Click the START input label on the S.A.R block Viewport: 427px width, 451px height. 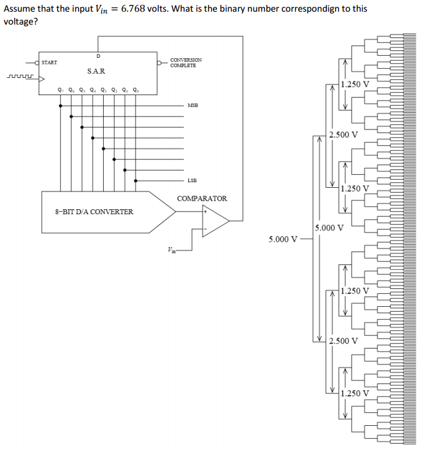[x=50, y=63]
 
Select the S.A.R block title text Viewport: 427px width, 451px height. [x=96, y=72]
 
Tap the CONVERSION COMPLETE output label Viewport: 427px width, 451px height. [x=186, y=63]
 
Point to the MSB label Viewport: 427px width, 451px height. [x=193, y=106]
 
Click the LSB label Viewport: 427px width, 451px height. [x=193, y=181]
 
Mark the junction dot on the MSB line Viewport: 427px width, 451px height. [x=60, y=106]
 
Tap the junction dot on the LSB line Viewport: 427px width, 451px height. [x=135, y=181]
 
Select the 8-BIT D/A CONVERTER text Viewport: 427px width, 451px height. [x=94, y=212]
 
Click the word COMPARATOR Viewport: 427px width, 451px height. [x=202, y=198]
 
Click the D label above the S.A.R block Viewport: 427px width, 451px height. [x=98, y=56]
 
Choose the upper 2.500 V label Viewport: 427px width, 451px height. [x=343, y=135]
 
